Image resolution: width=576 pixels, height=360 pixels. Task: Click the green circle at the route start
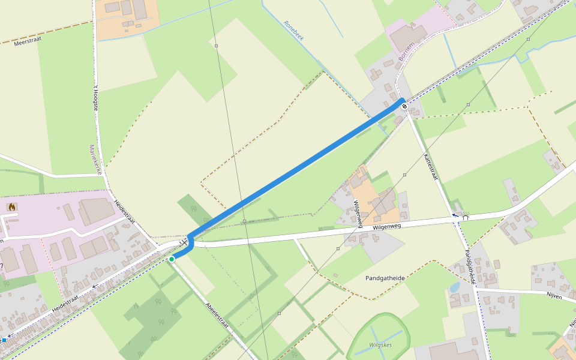pyautogui.click(x=172, y=259)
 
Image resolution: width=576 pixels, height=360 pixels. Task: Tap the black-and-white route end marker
pyautogui.click(x=405, y=106)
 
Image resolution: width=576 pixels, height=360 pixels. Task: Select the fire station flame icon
pyautogui.click(x=11, y=206)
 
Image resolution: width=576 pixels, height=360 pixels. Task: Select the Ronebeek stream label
pyautogui.click(x=294, y=31)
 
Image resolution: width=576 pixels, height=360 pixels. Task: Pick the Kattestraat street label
pyautogui.click(x=431, y=167)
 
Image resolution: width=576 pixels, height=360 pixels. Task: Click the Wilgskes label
pyautogui.click(x=380, y=345)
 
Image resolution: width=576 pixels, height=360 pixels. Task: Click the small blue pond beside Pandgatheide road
pyautogui.click(x=455, y=287)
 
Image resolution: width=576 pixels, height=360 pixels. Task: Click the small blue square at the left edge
pyautogui.click(x=4, y=340)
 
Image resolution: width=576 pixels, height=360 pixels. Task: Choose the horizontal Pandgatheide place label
pyautogui.click(x=385, y=278)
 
